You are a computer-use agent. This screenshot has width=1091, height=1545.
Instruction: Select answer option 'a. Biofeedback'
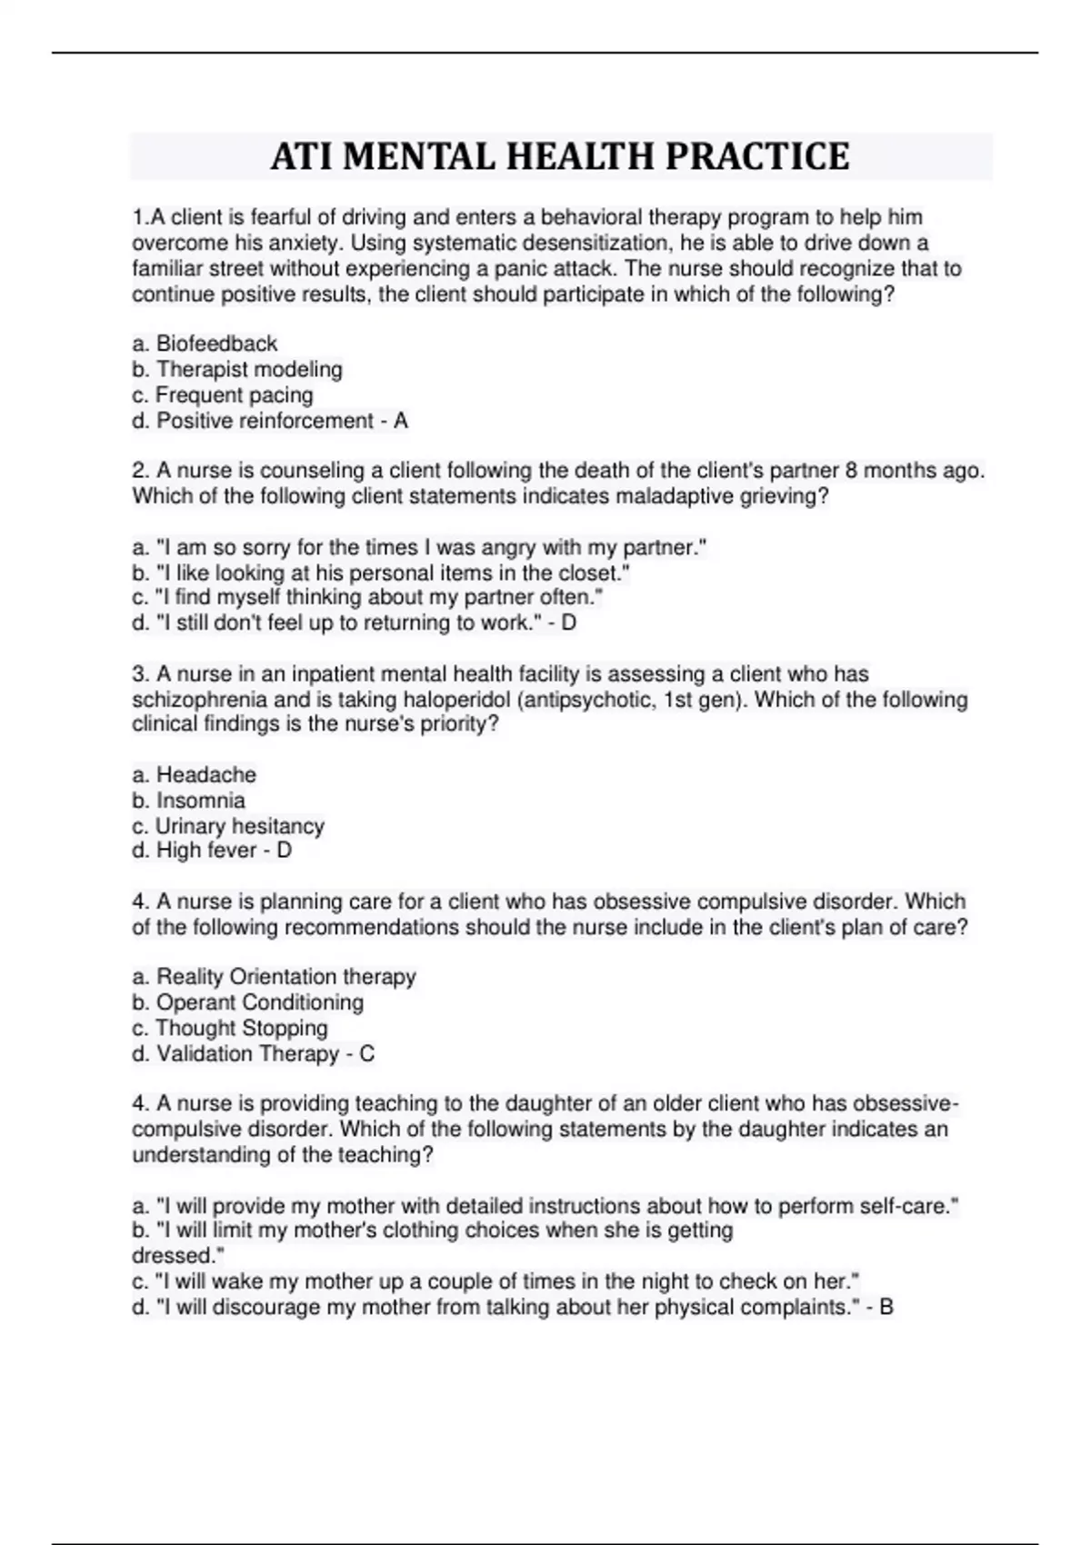(205, 344)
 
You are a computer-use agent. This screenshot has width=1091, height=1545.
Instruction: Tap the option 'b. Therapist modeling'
(237, 369)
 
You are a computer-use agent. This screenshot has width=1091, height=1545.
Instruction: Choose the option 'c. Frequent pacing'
(223, 395)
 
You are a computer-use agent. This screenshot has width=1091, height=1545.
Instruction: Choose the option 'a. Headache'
(195, 775)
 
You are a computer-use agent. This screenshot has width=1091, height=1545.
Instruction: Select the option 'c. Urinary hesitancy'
(228, 826)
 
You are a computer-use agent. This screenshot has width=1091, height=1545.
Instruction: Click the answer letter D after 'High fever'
(284, 851)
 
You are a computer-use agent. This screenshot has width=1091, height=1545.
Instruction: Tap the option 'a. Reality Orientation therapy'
(274, 977)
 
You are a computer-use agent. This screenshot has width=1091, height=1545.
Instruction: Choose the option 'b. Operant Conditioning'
(247, 1002)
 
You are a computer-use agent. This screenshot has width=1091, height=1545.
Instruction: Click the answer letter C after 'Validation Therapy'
(367, 1054)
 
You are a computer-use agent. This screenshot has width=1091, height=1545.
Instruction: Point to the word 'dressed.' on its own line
(178, 1256)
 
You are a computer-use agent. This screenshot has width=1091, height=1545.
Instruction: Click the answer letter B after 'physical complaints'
(886, 1308)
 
